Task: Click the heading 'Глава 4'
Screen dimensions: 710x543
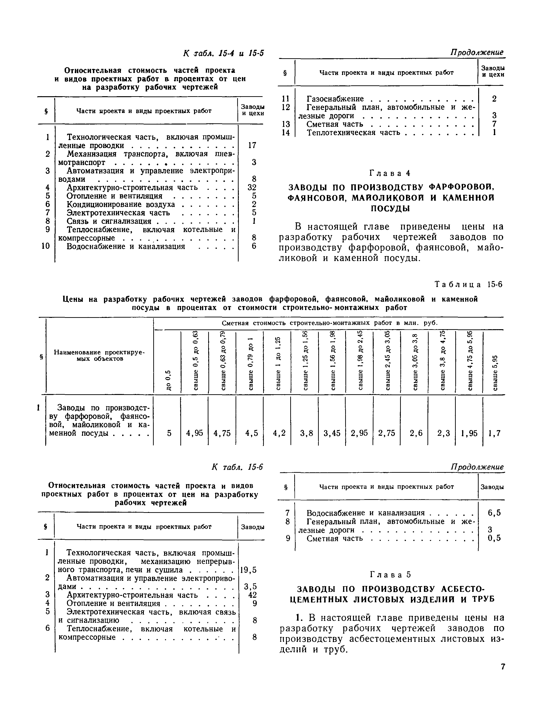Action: pos(390,173)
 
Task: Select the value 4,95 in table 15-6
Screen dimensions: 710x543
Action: pos(195,433)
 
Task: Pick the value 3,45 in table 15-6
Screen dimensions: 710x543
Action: pos(332,433)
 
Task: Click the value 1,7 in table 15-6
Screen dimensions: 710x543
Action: pos(494,433)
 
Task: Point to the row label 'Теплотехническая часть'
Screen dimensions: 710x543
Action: pos(353,133)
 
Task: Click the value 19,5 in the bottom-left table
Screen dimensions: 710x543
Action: pos(248,570)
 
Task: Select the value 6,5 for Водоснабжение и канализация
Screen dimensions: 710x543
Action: pos(494,513)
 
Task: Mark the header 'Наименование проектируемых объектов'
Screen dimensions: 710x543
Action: pos(99,356)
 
